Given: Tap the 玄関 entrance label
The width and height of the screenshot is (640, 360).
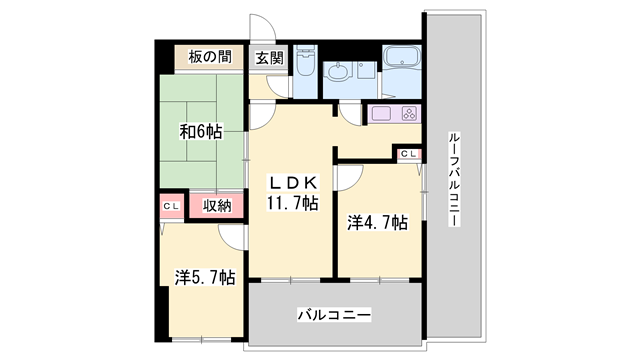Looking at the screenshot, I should pos(269,58).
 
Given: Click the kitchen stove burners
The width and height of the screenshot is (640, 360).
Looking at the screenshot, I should pos(409,113).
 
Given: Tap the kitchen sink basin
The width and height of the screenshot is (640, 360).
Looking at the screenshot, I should pos(382,113).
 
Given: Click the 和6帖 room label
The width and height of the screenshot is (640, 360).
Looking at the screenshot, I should pos(200,131).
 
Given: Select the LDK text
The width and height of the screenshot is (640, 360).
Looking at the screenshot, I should pos(291,182).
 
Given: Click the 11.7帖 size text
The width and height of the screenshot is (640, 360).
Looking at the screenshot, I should pos(291,203).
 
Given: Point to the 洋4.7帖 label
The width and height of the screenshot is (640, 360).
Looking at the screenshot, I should pos(377,221).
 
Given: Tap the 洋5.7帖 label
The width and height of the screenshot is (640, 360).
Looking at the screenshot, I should pos(205,277).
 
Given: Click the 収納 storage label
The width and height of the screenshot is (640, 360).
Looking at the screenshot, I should pos(217,206).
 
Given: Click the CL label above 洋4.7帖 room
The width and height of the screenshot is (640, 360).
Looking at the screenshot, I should pos(409,154).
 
